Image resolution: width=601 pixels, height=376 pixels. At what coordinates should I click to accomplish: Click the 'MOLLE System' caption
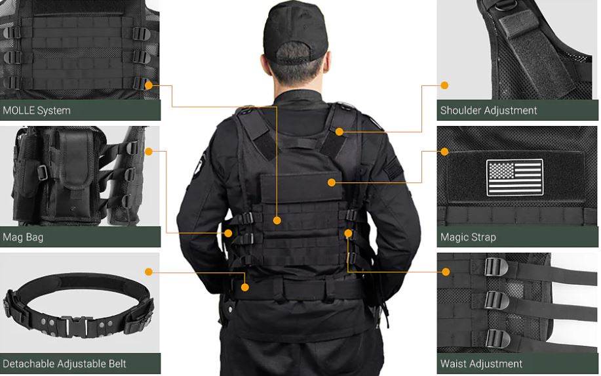[37, 110]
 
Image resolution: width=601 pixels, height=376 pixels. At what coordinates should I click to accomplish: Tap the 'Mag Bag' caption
[23, 237]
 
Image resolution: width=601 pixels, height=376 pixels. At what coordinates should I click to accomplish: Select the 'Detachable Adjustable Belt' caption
[64, 364]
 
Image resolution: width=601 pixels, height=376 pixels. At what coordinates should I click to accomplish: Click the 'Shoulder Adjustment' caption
[488, 110]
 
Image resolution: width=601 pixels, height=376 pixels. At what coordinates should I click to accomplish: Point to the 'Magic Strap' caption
[468, 237]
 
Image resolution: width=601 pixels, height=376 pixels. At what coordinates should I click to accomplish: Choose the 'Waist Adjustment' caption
[481, 364]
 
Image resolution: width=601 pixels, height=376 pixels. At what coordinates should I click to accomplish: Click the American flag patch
[514, 177]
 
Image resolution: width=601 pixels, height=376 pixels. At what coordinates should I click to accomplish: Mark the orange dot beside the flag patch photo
[444, 152]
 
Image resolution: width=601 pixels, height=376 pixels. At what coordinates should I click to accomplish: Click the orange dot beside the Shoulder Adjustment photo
[444, 85]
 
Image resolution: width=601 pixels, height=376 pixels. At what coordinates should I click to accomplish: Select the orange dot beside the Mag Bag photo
[149, 152]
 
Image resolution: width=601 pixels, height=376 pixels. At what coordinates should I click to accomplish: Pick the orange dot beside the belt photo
[149, 272]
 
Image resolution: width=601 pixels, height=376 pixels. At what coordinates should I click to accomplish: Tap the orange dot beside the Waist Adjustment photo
[446, 272]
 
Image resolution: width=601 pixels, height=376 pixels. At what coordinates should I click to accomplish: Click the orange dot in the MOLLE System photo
[149, 85]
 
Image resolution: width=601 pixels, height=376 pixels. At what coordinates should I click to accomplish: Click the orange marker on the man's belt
[245, 287]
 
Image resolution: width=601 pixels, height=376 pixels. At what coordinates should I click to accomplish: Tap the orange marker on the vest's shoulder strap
[339, 132]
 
